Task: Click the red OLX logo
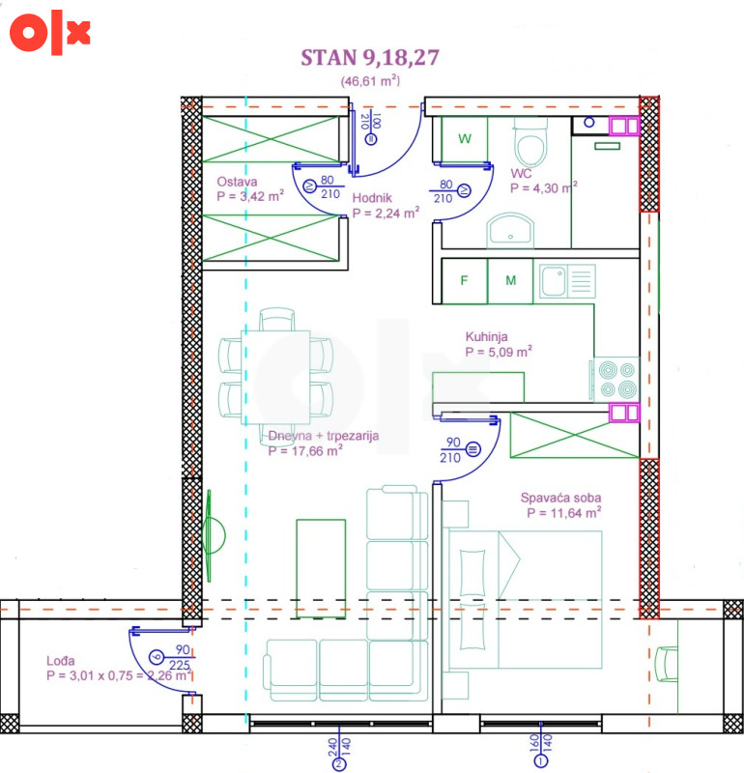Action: tap(49, 32)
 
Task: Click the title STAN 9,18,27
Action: tap(370, 58)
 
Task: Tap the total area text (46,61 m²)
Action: tap(370, 81)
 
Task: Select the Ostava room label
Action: tap(237, 182)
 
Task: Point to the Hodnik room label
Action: tap(372, 198)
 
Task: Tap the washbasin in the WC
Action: tap(510, 231)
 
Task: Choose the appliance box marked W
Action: tap(465, 139)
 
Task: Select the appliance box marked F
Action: tap(465, 281)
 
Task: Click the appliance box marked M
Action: tap(510, 281)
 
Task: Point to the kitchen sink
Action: tap(567, 281)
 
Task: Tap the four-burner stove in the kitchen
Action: tap(617, 379)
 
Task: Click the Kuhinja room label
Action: tap(487, 336)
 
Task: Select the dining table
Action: tap(275, 377)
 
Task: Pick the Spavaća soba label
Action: tap(561, 498)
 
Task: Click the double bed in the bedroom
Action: tap(526, 599)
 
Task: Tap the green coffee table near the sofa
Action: tap(321, 568)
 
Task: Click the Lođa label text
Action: tap(61, 661)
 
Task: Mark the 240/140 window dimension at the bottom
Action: tap(339, 750)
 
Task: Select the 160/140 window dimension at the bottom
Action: tap(541, 744)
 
